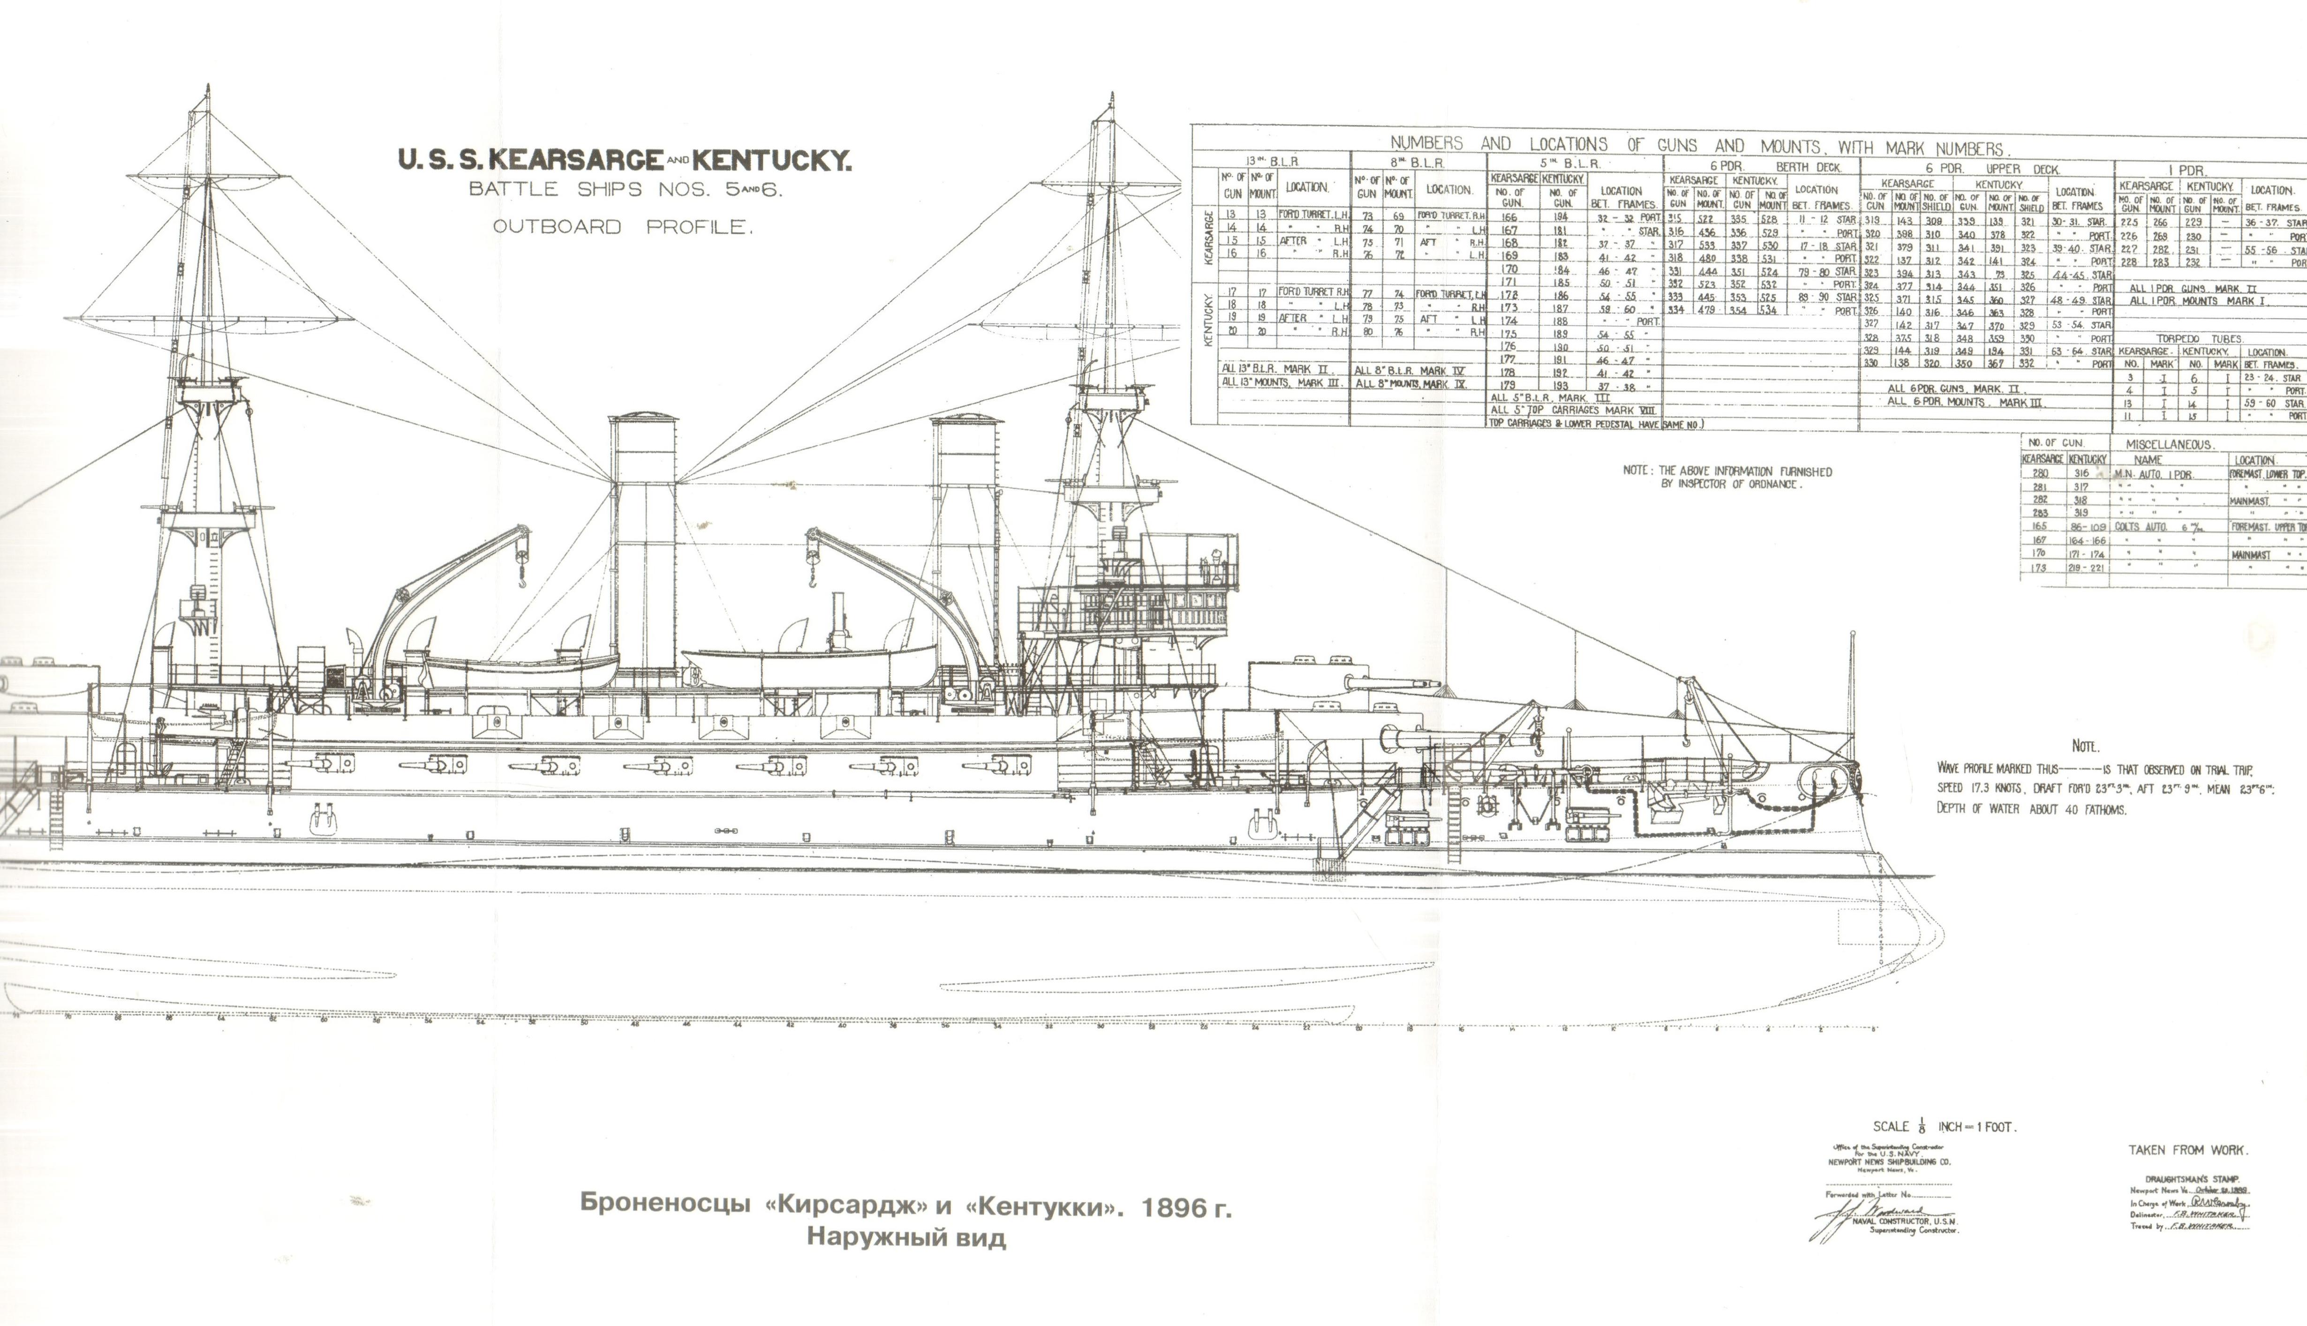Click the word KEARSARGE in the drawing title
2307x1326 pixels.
[x=576, y=160]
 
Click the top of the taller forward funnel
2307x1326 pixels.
[x=643, y=418]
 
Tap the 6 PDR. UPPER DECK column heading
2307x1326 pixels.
[x=1985, y=168]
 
